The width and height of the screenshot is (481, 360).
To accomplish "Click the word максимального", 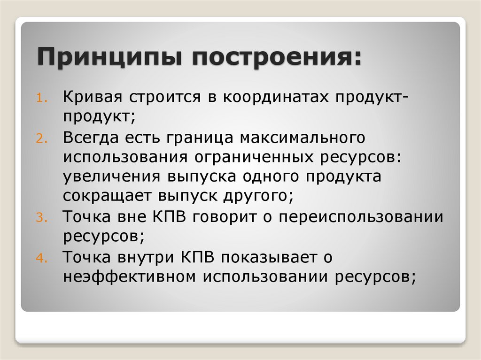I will pos(302,138).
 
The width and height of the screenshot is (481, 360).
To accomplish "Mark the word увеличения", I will pos(111,177).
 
